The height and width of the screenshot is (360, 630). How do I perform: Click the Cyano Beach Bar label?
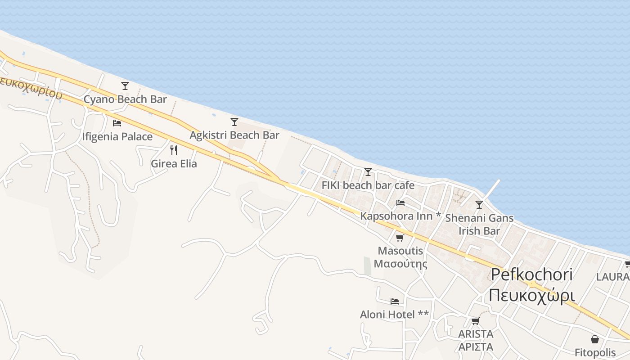(125, 99)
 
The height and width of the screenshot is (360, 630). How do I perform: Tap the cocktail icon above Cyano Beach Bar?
(125, 85)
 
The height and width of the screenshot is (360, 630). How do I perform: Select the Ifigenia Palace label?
(117, 136)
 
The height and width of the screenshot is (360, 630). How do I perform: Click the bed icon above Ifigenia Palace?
(117, 123)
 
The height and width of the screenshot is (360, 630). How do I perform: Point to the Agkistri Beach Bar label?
(234, 135)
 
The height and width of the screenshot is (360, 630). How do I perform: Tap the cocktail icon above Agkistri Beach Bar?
(234, 121)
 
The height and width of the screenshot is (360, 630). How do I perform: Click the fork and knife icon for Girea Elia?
(174, 150)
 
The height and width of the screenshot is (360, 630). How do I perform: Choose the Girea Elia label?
(174, 163)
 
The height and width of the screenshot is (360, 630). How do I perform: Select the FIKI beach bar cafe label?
(368, 185)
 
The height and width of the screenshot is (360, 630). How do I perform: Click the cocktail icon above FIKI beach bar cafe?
(368, 171)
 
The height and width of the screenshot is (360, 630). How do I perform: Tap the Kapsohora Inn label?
(400, 216)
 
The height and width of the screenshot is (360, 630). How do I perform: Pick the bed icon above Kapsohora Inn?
(400, 203)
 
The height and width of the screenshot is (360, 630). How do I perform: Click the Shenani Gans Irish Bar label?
(479, 225)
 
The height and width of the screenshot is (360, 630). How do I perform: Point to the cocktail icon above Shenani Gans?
(479, 205)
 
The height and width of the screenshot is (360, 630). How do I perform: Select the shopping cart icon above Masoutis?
(400, 238)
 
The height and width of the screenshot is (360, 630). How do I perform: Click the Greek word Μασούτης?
(400, 264)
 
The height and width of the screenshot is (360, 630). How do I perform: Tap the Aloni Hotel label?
(394, 315)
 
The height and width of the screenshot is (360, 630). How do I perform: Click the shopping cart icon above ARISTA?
(475, 321)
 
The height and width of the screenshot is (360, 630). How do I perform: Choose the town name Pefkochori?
(531, 274)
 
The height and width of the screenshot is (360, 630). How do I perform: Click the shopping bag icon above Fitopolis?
(595, 339)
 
